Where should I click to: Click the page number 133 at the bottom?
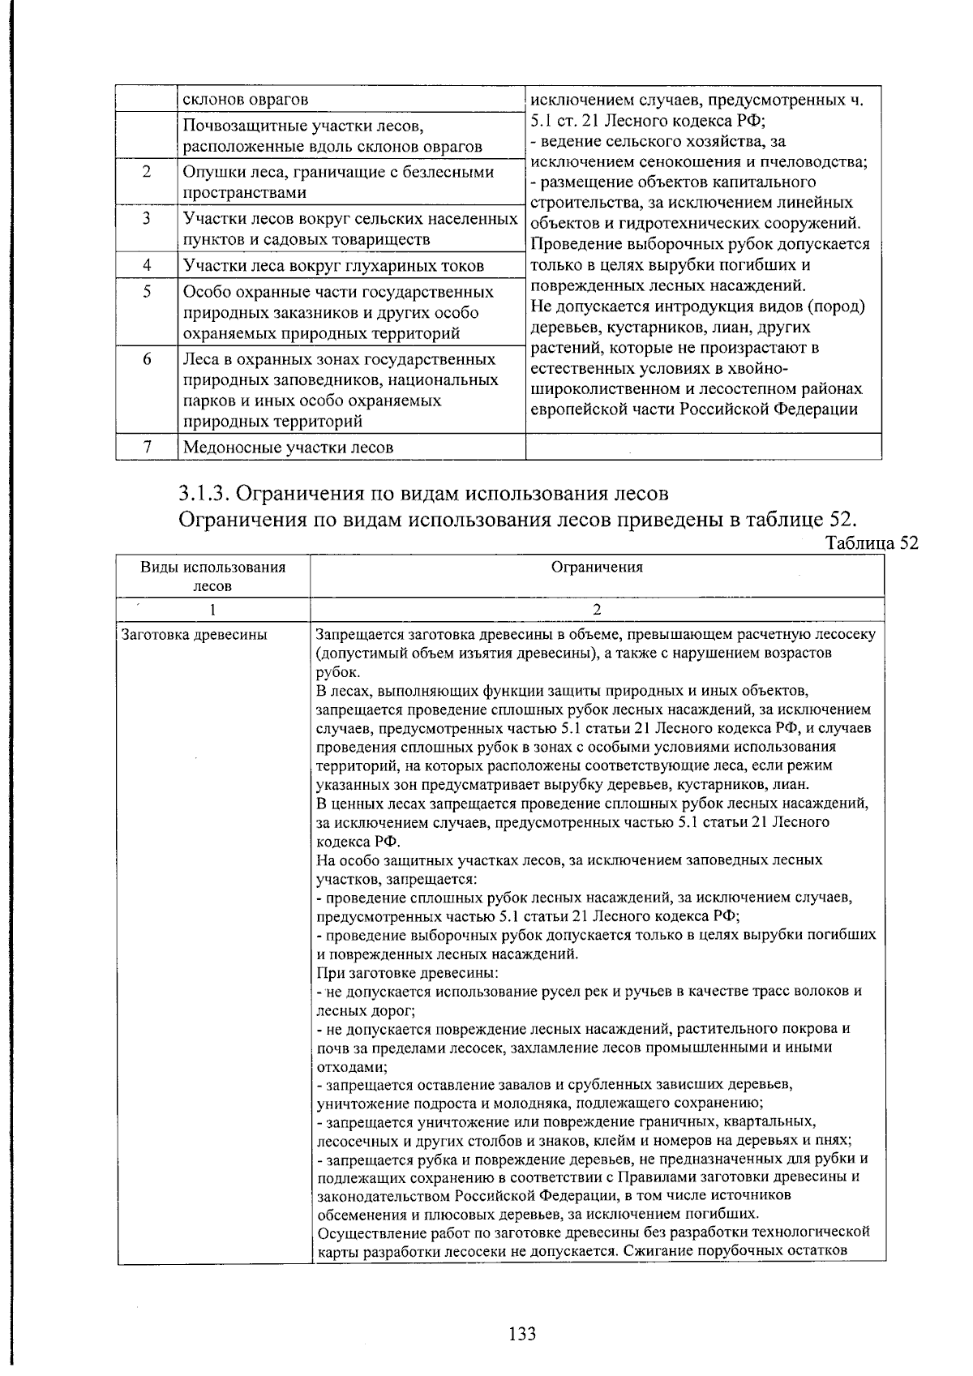522,1333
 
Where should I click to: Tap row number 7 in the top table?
147,447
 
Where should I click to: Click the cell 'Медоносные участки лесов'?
288,447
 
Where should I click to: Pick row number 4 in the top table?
147,265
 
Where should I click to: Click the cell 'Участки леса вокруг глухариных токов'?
333,265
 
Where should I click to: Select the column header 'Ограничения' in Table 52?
597,567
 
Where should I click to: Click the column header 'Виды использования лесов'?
213,576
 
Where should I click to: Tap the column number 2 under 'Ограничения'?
597,609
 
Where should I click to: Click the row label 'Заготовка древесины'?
194,634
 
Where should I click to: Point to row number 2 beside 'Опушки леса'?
147,172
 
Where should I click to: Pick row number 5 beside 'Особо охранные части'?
147,291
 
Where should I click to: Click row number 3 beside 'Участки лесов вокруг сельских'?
147,219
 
